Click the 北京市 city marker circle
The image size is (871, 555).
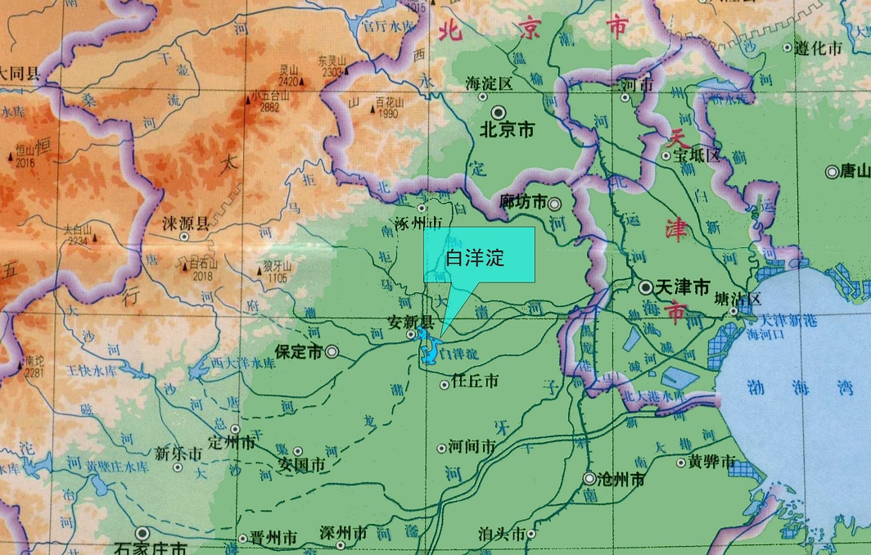(x=497, y=111)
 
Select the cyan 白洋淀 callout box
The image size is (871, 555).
(x=479, y=256)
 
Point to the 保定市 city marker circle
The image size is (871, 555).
(x=332, y=352)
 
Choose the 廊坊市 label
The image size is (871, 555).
(x=523, y=201)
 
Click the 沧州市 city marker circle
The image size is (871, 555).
(x=589, y=478)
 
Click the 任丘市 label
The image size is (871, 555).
(x=475, y=382)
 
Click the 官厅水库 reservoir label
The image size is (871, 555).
(x=387, y=26)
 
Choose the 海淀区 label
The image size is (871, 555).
(x=488, y=84)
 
